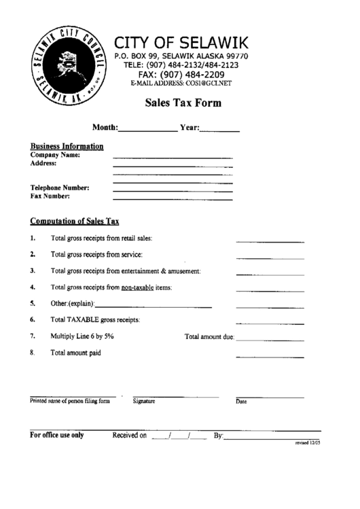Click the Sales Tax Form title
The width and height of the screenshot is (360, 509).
coord(182,104)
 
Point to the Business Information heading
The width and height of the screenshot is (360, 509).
coord(67,146)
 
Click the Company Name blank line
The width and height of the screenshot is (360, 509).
coord(172,158)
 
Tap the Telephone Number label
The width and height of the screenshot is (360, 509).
coord(60,188)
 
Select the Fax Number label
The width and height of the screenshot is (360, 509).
coord(50,196)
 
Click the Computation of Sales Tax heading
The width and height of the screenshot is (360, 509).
coord(75,222)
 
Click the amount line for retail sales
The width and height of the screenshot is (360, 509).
coord(260,241)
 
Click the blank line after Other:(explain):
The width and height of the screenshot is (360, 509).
coord(154,306)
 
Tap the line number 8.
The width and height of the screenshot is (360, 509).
coord(32,353)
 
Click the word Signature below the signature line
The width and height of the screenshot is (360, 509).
coord(144,402)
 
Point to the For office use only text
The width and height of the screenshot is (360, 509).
coord(57,436)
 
